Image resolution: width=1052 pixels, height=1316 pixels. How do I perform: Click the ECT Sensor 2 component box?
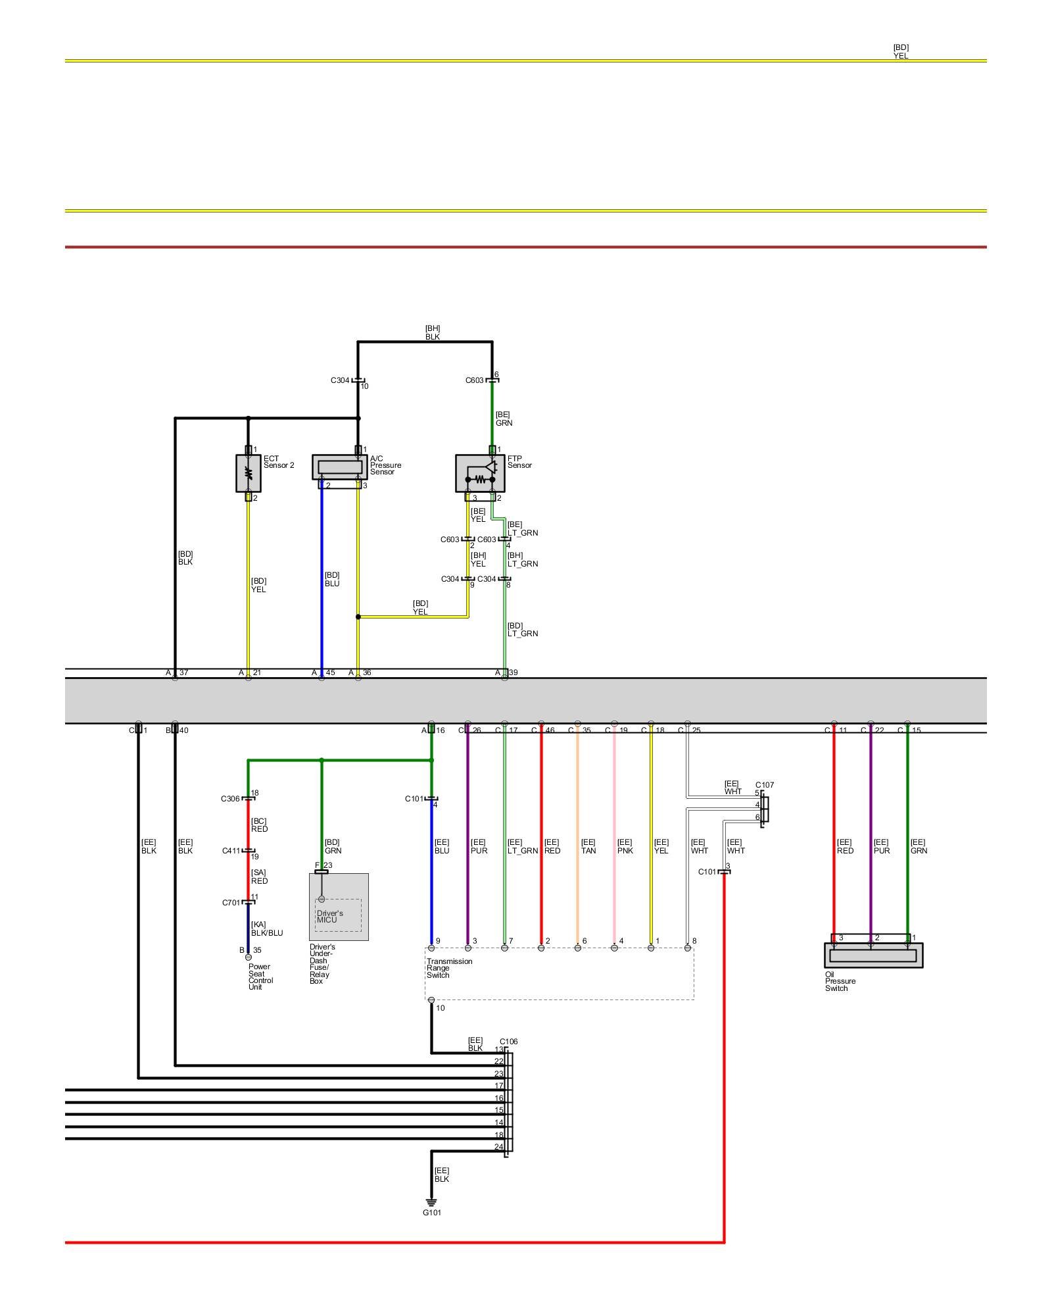pos(248,473)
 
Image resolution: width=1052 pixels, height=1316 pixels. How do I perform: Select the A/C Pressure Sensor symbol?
pos(339,467)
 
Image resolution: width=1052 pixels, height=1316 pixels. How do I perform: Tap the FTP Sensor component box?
pos(480,473)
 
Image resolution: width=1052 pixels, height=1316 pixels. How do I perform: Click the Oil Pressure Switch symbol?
pos(873,955)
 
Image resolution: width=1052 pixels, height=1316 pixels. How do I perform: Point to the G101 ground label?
pos(432,1213)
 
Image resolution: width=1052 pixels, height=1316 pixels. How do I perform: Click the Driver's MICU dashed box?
pos(338,915)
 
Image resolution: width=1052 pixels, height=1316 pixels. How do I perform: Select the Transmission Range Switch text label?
pos(449,968)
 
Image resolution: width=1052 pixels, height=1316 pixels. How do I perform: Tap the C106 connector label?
pos(508,1042)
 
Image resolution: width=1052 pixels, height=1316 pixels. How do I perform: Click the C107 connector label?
pos(764,785)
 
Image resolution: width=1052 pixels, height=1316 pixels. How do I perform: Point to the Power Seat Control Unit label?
pos(259,976)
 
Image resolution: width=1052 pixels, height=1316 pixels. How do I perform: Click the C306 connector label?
pos(230,799)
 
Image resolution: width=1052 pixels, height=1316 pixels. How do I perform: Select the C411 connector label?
pos(231,851)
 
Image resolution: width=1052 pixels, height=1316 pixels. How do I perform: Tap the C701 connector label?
pos(231,903)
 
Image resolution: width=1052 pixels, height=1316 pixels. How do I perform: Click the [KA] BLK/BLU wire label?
pos(266,928)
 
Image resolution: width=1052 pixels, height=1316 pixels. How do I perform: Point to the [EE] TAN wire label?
pos(588,846)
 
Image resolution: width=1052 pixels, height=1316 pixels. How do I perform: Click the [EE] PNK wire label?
pos(625,846)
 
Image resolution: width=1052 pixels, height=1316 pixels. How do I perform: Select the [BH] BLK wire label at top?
pos(432,332)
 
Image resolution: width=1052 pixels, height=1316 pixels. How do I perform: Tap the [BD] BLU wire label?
pos(332,579)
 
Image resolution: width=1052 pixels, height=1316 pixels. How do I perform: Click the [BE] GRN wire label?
pos(504,418)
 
